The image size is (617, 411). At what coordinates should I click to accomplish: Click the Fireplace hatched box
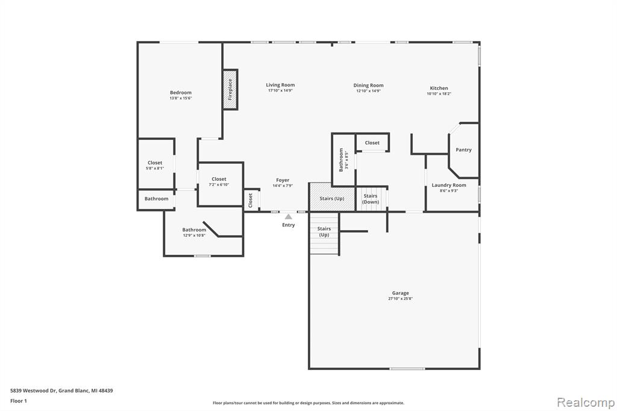231,89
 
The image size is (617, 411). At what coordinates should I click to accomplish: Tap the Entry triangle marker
289,216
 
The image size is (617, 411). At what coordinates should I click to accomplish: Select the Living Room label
280,84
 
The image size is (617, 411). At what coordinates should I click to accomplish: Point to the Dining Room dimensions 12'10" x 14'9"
368,91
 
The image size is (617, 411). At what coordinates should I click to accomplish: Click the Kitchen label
439,88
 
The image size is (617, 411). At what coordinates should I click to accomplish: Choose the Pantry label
463,149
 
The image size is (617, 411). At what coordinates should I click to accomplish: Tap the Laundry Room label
449,185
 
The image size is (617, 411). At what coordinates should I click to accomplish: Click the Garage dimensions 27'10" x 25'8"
400,299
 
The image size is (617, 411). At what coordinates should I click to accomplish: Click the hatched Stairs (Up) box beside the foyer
332,197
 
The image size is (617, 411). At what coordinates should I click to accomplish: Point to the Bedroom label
181,93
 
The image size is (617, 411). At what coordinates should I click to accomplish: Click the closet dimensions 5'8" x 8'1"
155,169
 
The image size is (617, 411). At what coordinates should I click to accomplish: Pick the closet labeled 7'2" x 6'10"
220,184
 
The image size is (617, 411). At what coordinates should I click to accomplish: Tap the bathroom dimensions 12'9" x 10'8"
194,236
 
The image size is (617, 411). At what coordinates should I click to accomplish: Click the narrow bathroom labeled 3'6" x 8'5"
344,160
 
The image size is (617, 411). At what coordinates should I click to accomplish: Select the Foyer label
283,180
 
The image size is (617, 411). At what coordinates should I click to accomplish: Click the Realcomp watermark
586,403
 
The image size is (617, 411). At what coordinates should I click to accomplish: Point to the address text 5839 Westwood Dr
34,391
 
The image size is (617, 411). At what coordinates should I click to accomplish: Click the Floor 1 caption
19,401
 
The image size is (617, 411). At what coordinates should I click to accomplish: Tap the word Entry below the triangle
289,225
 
